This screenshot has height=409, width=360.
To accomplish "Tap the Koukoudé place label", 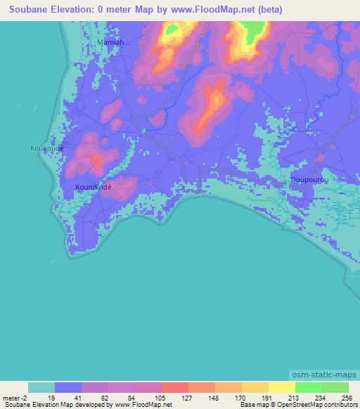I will pos(47,148).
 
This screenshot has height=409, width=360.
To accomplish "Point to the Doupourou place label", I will pos(309,181).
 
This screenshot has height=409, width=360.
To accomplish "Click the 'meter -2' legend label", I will pos(15,397).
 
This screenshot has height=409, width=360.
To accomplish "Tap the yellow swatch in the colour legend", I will pos(282,387).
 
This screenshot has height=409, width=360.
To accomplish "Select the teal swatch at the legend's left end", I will pos(41,387).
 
